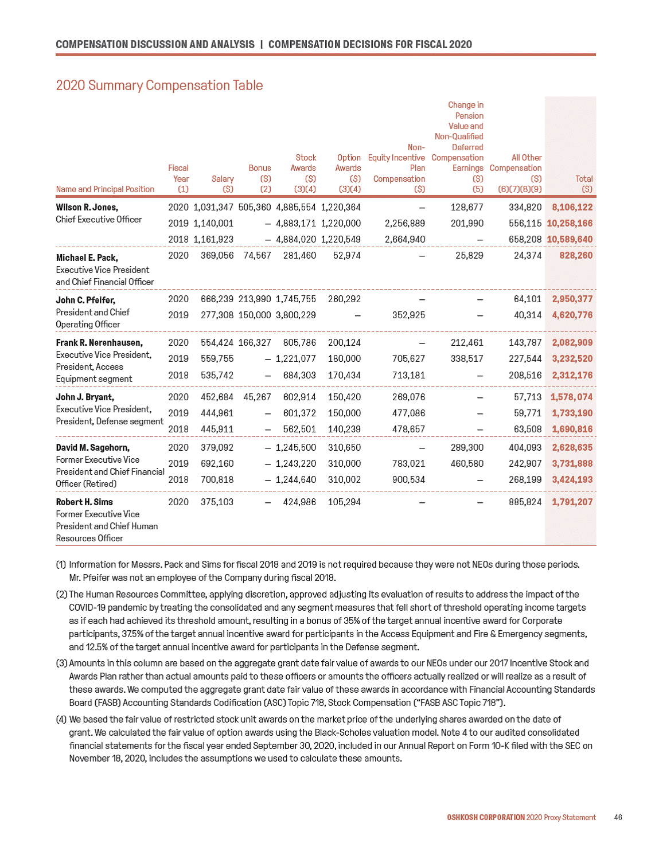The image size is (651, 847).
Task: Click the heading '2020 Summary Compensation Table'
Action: (159, 85)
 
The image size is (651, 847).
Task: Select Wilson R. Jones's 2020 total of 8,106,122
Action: (572, 207)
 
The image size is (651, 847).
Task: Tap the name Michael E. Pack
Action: (87, 257)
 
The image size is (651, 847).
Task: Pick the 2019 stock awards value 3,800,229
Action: (295, 315)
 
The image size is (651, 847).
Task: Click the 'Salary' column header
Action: (223, 179)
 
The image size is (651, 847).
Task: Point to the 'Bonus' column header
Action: (259, 168)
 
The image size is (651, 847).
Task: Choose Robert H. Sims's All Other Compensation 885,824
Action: (525, 502)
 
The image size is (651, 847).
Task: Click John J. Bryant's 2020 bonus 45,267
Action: (257, 397)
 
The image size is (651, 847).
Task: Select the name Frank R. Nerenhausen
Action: (99, 342)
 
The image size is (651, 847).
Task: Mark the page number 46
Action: (618, 817)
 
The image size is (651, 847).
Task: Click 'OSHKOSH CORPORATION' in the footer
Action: (486, 817)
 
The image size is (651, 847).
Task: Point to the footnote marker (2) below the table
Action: (61, 594)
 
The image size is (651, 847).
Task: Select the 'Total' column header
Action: (584, 179)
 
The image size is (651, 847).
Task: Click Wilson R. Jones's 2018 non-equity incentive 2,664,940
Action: (405, 239)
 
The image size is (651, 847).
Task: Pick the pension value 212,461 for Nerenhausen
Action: (467, 342)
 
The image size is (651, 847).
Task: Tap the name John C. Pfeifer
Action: (85, 300)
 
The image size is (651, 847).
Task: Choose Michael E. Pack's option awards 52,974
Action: (346, 255)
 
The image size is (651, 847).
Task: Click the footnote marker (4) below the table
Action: (61, 719)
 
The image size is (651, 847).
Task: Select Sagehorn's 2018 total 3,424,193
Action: (572, 479)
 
